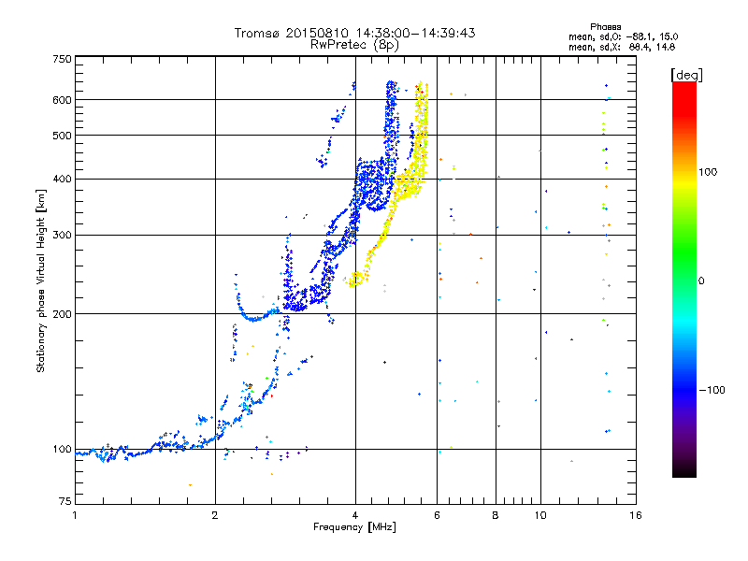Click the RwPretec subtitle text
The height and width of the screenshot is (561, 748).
pyautogui.click(x=342, y=44)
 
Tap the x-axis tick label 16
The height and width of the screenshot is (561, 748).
pyautogui.click(x=635, y=515)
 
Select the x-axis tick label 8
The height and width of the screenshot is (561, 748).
pyautogui.click(x=496, y=515)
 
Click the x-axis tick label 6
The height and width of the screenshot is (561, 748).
pyautogui.click(x=438, y=515)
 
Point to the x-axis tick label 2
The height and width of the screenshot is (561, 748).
pyautogui.click(x=215, y=515)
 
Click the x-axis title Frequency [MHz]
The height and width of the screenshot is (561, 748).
pyautogui.click(x=354, y=527)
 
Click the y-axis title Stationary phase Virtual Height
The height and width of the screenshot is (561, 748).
pyautogui.click(x=41, y=280)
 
